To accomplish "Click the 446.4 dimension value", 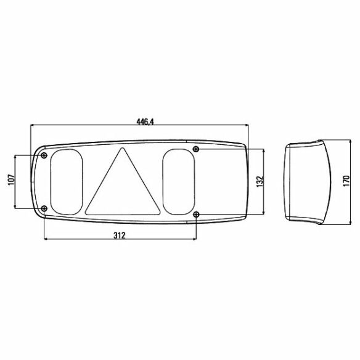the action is tap(145, 121).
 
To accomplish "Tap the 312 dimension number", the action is tap(120, 235).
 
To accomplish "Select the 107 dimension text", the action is tap(11, 180).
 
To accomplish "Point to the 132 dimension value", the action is tap(260, 181).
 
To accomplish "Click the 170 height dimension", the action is tap(346, 181).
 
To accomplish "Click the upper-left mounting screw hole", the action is tap(44, 155).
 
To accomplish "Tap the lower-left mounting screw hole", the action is tap(44, 209).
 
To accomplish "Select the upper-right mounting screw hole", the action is tap(196, 149).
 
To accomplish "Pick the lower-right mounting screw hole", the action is tap(196, 215).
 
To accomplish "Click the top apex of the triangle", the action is tap(123, 148).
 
